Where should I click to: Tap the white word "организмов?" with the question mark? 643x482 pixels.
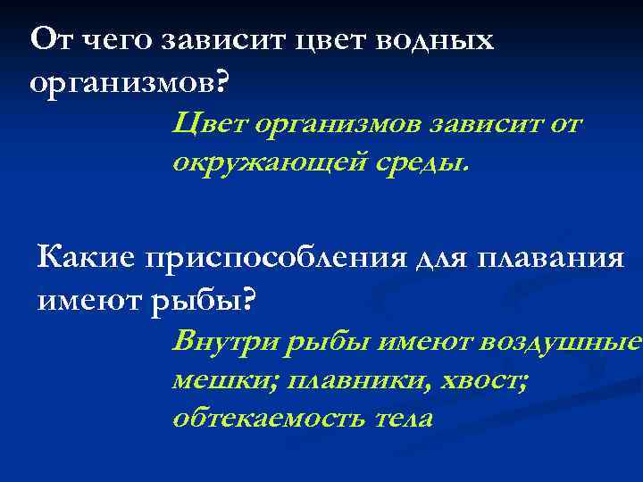click(129, 83)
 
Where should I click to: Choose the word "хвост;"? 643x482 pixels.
click(485, 381)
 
